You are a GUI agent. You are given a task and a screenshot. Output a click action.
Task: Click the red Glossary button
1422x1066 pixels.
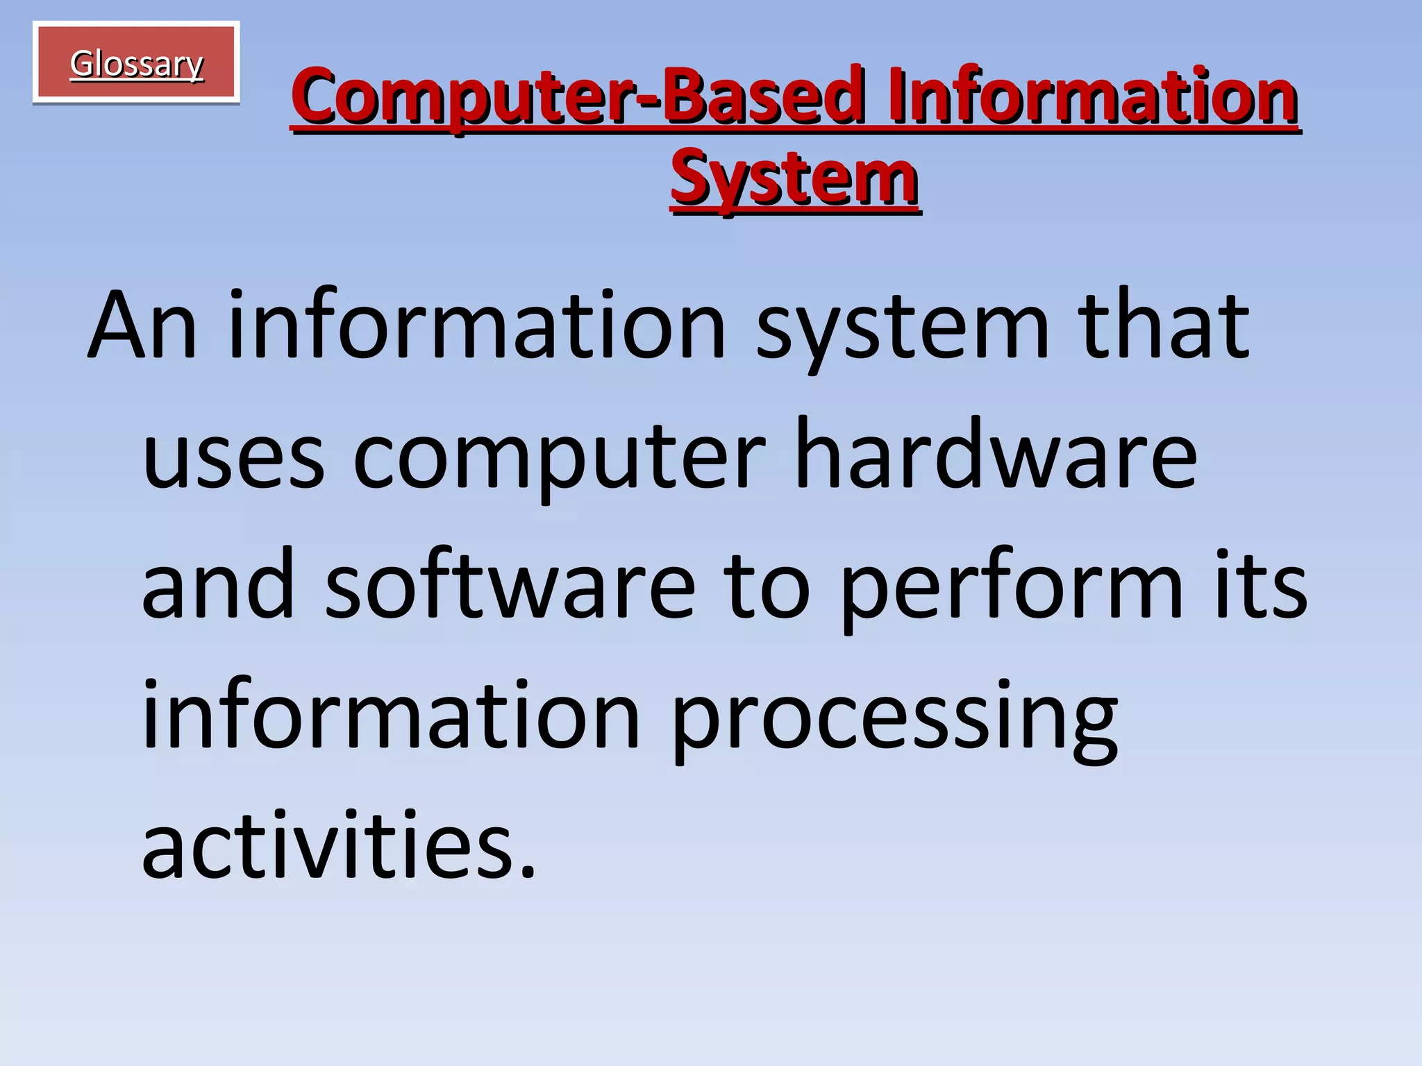[x=136, y=63]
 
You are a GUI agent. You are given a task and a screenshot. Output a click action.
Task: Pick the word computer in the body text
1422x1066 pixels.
[x=559, y=458]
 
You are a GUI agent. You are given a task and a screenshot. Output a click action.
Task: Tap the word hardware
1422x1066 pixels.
[x=996, y=455]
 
